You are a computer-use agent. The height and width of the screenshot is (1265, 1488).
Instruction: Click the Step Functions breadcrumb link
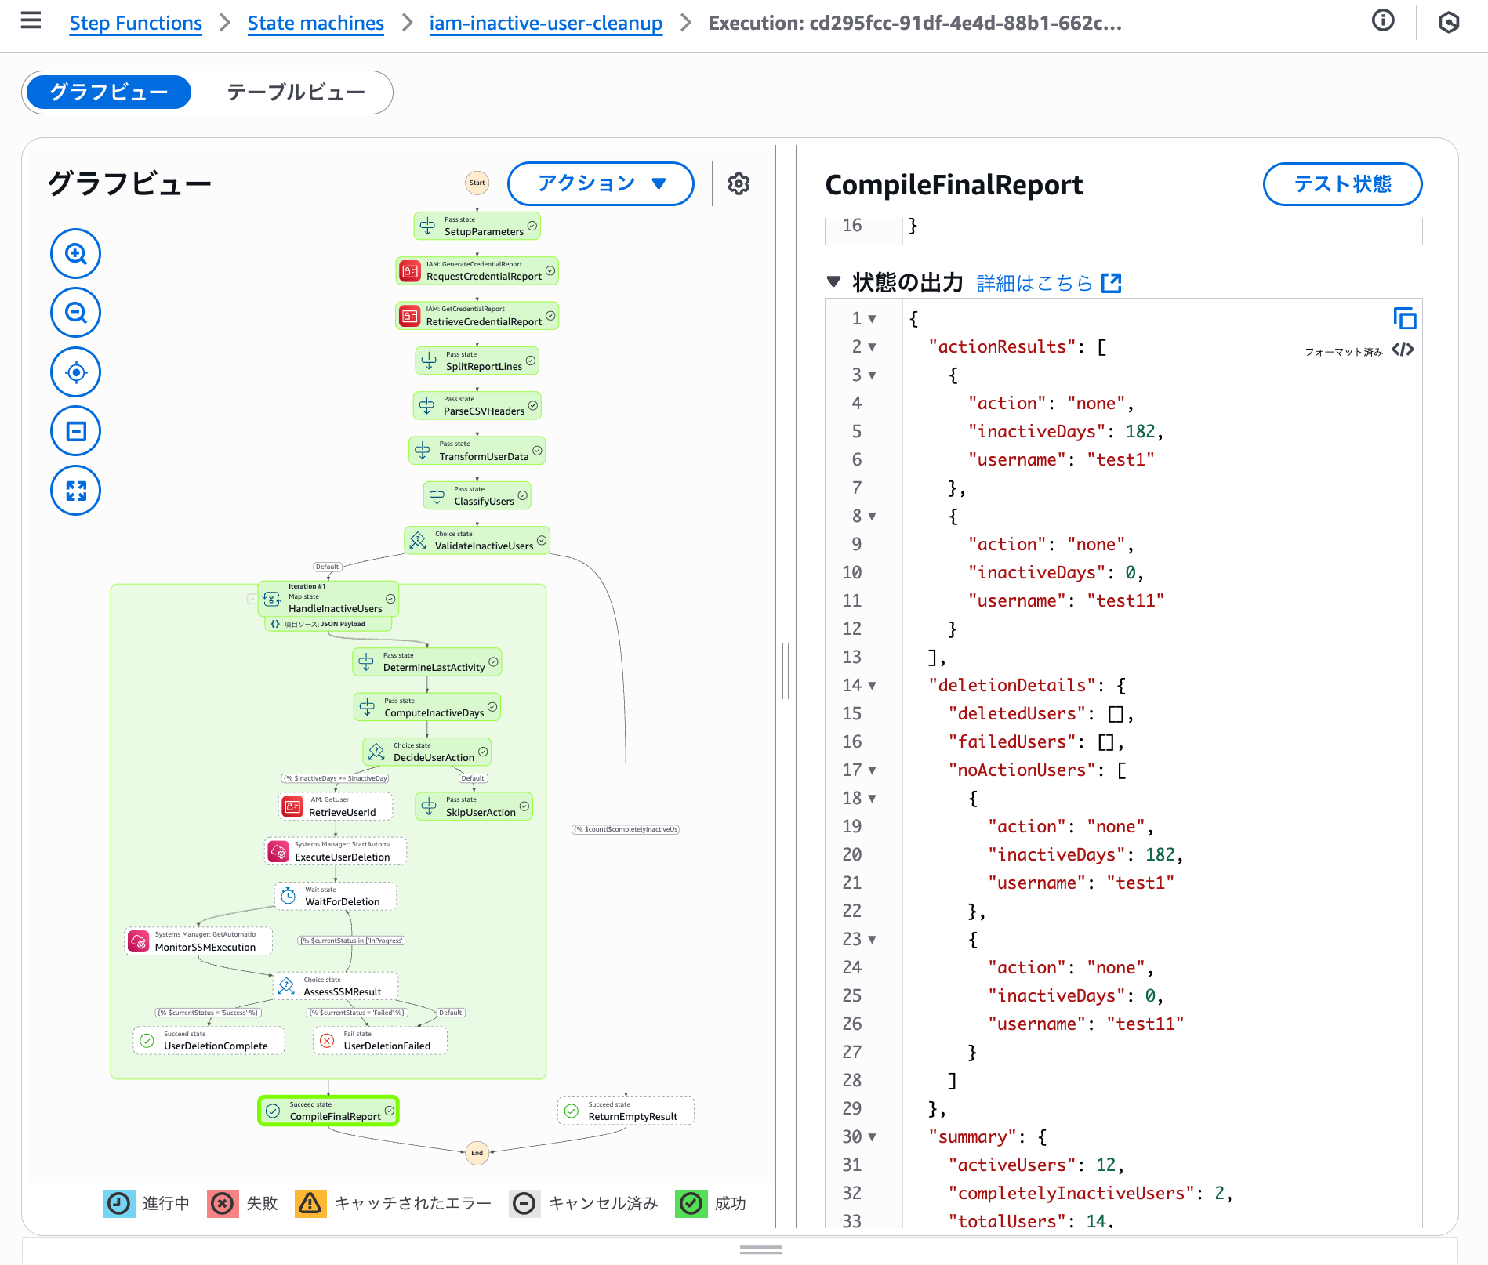coord(136,24)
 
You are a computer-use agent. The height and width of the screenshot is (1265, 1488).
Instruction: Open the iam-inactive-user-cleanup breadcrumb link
coord(545,24)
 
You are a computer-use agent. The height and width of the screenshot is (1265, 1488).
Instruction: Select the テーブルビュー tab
coord(296,92)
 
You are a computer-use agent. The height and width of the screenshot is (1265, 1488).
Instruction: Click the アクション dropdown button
coord(601,183)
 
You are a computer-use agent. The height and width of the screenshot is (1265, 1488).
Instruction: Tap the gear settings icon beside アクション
coord(739,184)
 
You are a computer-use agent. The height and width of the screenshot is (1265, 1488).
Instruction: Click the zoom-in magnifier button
coord(76,254)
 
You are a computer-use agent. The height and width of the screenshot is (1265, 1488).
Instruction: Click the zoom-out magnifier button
coord(76,314)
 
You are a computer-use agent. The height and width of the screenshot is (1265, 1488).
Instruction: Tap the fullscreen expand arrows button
coord(76,491)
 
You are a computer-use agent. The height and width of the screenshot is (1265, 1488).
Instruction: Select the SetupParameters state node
coord(477,227)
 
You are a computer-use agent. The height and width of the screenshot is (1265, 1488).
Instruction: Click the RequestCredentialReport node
coord(477,271)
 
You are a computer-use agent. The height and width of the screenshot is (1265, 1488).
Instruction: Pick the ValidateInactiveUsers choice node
coord(477,541)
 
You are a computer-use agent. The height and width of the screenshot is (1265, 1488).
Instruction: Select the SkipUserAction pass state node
coord(474,806)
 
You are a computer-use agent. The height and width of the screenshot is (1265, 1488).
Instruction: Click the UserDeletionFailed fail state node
coord(380,1041)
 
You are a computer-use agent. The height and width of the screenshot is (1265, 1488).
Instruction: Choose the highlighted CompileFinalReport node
coord(328,1111)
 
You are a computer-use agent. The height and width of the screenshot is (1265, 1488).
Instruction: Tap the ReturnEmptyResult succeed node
coord(626,1111)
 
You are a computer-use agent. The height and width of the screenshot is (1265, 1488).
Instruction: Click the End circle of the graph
coord(477,1153)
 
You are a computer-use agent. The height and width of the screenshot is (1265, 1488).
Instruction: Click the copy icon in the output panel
coord(1404,318)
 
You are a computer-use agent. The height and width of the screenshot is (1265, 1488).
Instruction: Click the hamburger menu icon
coord(31,20)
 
